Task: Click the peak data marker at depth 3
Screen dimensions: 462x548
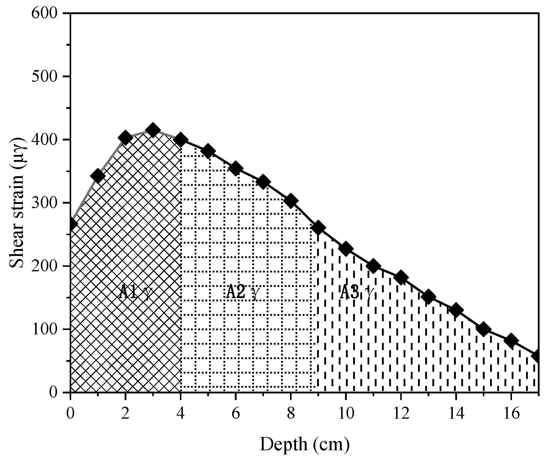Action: (153, 130)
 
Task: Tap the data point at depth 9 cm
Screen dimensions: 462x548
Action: (318, 228)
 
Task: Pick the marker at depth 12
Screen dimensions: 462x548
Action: (401, 277)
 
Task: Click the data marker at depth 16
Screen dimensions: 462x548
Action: (511, 340)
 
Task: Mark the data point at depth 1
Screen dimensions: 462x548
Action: (98, 176)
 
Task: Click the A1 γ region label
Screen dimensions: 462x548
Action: (134, 292)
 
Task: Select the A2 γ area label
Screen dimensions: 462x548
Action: (242, 292)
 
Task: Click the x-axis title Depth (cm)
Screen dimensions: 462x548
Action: (304, 445)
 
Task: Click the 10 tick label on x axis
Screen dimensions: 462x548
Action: (346, 414)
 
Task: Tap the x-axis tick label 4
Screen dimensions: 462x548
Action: (180, 414)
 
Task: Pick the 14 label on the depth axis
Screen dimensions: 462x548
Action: (456, 414)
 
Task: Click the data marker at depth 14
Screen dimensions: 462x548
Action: (456, 310)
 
